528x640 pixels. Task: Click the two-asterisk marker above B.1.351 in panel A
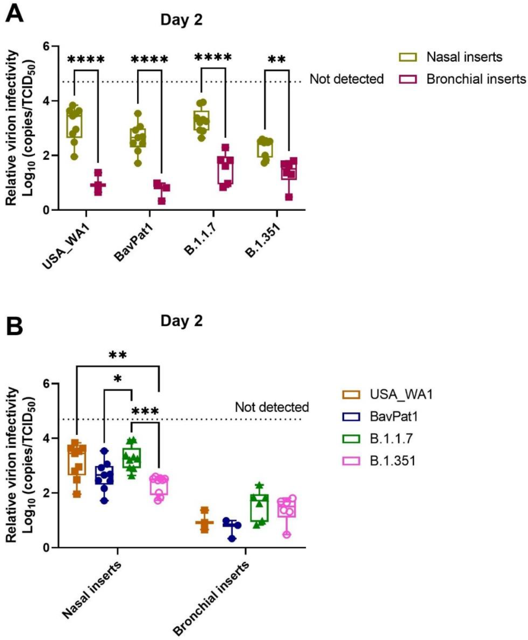coord(277,59)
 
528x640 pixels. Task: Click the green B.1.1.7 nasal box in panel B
coord(131,458)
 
